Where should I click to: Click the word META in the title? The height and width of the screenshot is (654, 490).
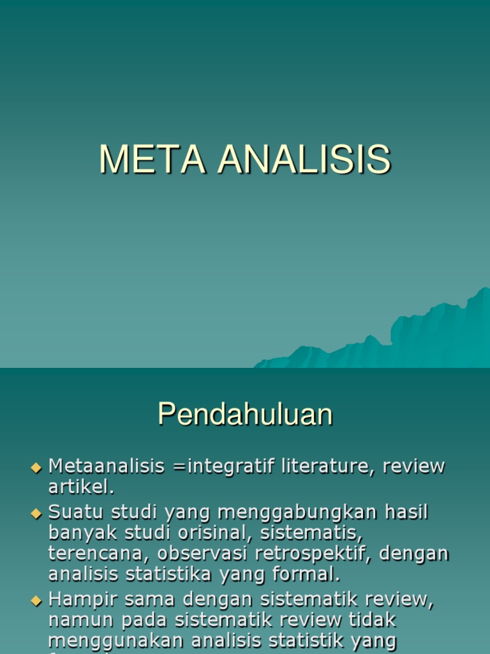[152, 160]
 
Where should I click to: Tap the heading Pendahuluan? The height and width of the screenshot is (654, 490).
[245, 415]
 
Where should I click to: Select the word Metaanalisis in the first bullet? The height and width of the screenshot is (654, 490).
[107, 466]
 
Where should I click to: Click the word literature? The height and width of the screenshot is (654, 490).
[318, 466]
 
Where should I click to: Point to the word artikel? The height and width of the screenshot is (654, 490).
[81, 488]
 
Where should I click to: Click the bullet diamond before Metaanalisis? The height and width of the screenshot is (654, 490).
[36, 468]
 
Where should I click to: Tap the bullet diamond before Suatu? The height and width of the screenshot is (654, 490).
[36, 512]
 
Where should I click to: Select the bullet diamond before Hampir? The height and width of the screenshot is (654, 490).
[36, 600]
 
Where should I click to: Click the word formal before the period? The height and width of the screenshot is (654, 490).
[304, 574]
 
